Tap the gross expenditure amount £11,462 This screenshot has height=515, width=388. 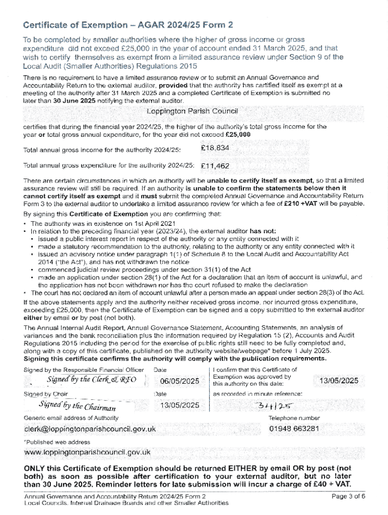215,165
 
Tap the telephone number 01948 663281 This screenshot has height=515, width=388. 294,428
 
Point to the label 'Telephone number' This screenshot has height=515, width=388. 294,417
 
